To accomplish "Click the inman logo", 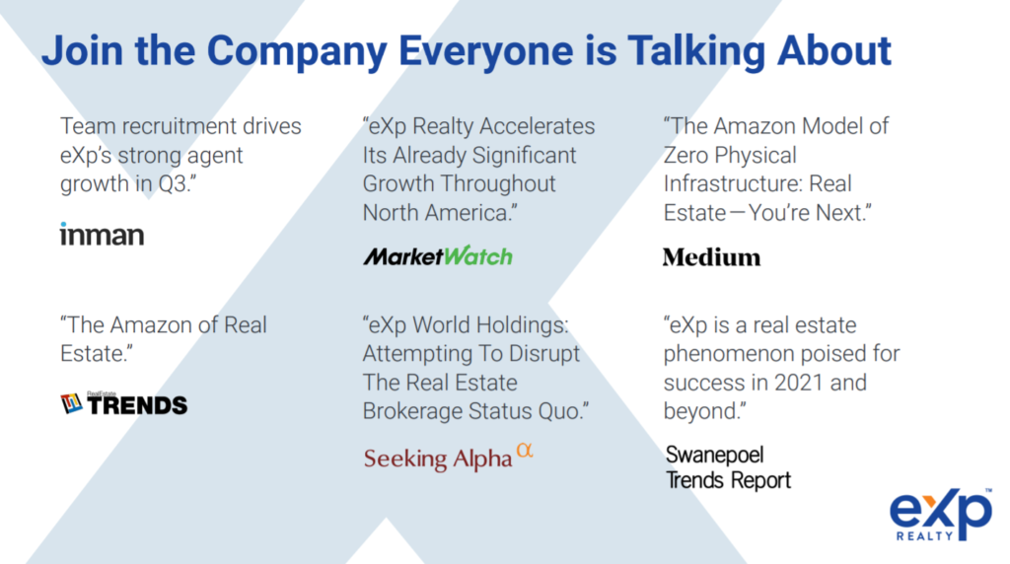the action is click(102, 235).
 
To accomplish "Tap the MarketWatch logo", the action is click(438, 256).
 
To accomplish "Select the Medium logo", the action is click(712, 257).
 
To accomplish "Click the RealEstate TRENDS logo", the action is click(123, 403).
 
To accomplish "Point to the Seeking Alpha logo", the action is click(449, 458).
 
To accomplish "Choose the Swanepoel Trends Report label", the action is click(728, 467).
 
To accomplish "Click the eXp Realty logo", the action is click(941, 515).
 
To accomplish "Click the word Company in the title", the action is click(297, 51).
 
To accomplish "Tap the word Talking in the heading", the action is click(696, 51).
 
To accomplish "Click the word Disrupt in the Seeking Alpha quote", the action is click(544, 354).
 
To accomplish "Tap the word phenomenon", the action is click(738, 354).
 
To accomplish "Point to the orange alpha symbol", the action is click(525, 450).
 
